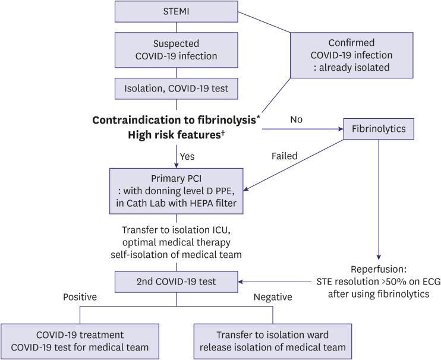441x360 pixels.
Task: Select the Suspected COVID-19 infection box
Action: [176, 50]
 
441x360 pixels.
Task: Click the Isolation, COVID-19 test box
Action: [176, 89]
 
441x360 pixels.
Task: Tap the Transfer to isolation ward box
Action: [273, 340]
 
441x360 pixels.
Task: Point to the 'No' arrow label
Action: [297, 119]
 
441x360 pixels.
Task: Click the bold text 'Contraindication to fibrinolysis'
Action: [174, 120]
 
